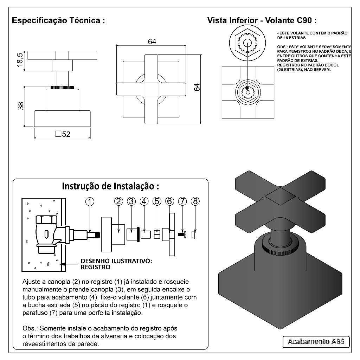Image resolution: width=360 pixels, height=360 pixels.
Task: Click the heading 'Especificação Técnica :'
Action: point(58,20)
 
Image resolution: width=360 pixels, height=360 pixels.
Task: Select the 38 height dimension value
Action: point(21,105)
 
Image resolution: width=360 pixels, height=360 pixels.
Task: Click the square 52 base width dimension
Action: point(63,134)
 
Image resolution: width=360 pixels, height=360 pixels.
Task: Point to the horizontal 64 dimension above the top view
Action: point(152,41)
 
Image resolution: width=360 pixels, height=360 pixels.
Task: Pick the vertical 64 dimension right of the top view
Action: point(197,87)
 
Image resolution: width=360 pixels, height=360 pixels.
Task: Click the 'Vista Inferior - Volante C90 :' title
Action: point(262,20)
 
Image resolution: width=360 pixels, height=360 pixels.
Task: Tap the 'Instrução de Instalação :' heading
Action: point(111,186)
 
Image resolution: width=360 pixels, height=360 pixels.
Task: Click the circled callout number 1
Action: point(90,201)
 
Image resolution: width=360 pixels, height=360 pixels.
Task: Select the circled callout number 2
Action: point(118,201)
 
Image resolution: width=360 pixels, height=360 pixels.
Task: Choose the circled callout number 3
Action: point(131,201)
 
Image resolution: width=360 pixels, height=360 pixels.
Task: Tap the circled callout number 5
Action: point(157,201)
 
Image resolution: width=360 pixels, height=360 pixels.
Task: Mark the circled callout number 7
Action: point(182,201)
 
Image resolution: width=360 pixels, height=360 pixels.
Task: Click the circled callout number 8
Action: point(195,201)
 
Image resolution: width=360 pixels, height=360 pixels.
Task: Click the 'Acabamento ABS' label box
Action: point(316,341)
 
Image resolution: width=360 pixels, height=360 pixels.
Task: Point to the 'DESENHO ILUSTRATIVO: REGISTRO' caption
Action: point(116,264)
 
